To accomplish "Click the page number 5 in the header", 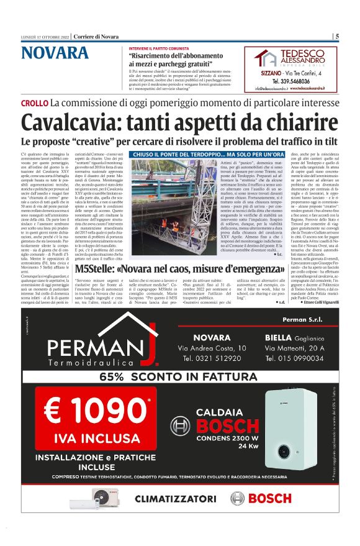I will coord(337,35).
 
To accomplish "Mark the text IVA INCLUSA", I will coord(91,439).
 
